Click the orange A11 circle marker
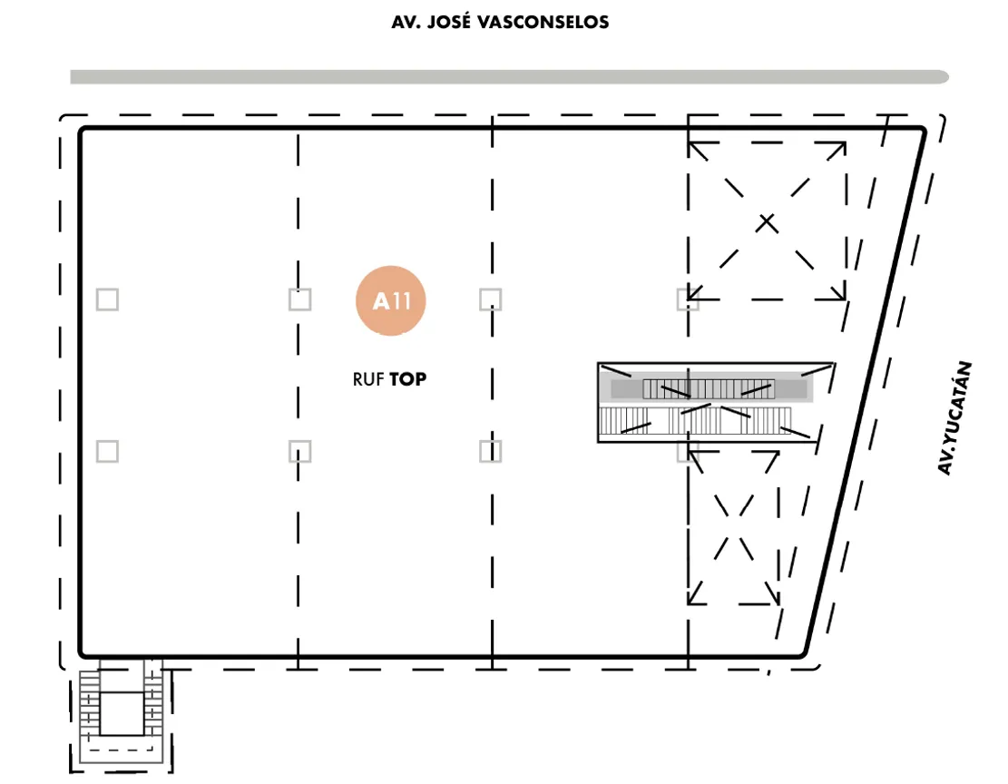tap(391, 300)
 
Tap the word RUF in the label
tap(367, 379)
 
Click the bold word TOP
tap(407, 379)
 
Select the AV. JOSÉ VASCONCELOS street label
tap(500, 23)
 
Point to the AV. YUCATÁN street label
tap(954, 418)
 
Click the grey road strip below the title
tap(509, 77)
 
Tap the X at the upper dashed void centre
tap(767, 223)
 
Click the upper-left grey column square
tap(107, 299)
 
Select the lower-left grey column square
tap(107, 452)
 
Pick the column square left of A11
tap(300, 299)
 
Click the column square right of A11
tap(491, 299)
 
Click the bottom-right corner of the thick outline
tap(804, 655)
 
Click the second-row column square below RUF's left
tap(300, 452)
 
